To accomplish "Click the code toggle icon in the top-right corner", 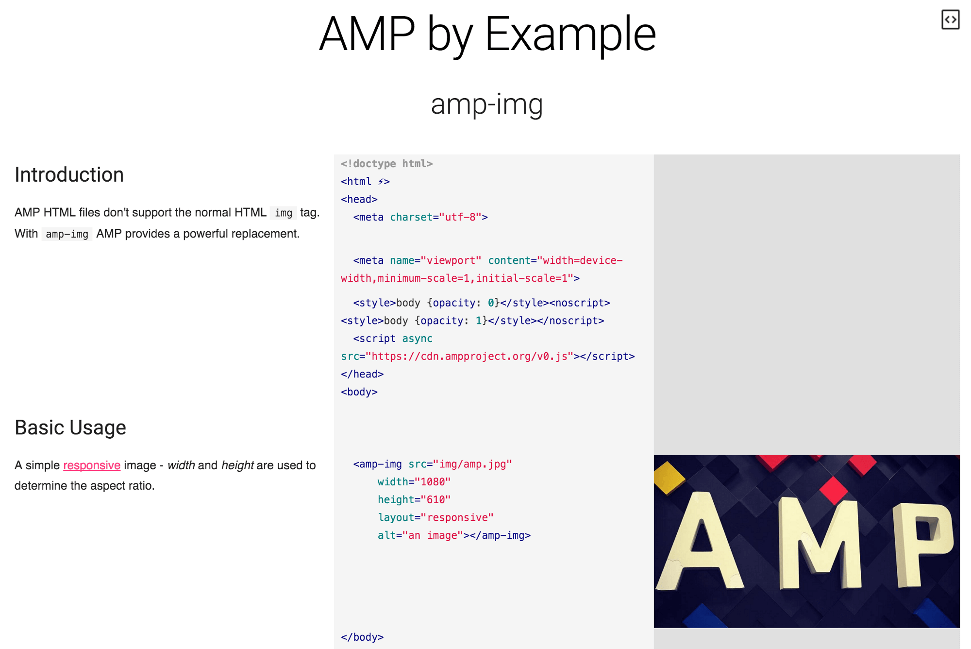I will point(950,20).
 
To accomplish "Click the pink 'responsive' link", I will point(92,465).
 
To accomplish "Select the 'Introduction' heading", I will point(69,175).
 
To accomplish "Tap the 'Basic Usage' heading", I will point(70,427).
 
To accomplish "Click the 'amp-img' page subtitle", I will point(486,104).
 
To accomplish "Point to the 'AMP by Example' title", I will point(487,34).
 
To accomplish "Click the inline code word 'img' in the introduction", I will point(284,213).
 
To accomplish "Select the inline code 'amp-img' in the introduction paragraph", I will point(67,234).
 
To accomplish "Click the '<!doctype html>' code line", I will point(386,164).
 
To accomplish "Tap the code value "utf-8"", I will point(460,217).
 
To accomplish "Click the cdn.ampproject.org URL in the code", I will point(469,357).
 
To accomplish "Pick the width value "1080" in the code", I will point(433,482).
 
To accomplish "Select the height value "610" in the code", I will point(435,500).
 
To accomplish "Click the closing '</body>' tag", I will point(362,637).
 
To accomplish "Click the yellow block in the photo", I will point(668,477).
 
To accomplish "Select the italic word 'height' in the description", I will point(237,465).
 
